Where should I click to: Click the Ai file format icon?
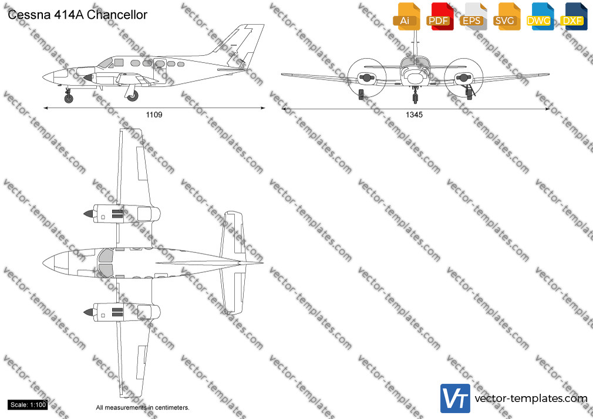[406, 16]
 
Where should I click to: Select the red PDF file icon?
[440, 16]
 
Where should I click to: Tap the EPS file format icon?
[473, 16]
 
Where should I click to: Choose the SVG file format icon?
[507, 16]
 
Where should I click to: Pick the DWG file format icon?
[540, 16]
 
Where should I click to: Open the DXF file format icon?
[574, 16]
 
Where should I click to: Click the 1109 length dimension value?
[154, 114]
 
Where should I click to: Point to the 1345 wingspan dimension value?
[414, 114]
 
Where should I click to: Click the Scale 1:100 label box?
[28, 405]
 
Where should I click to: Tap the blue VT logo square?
[456, 398]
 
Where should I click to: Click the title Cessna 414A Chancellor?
[78, 15]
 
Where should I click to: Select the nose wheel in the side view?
[69, 99]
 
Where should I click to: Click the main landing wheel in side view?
[132, 96]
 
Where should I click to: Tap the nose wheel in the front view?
[415, 99]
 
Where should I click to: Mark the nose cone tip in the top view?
[43, 262]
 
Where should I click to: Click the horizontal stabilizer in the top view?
[232, 263]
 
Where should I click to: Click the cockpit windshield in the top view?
[106, 263]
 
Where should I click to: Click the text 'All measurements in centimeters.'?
[143, 408]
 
